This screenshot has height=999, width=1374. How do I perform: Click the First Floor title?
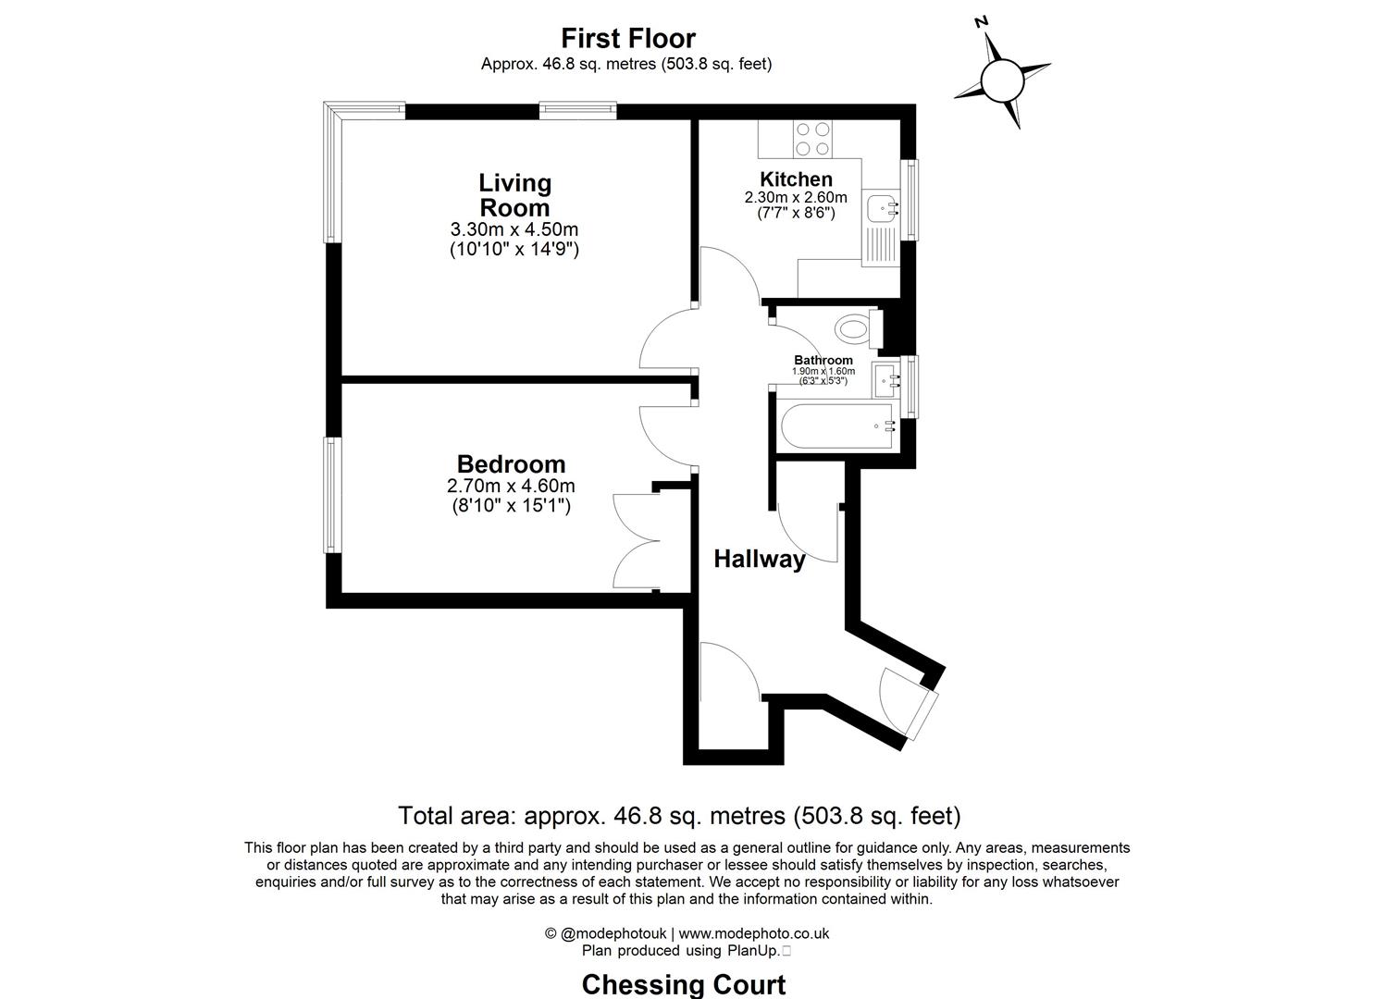[628, 38]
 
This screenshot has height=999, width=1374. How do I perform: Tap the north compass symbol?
[1001, 80]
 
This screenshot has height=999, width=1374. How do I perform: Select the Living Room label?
[514, 195]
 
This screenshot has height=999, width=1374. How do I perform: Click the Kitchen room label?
[796, 179]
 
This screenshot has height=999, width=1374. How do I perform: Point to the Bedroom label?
[511, 463]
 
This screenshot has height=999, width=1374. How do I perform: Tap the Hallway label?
[759, 559]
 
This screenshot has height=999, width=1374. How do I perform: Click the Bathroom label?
[823, 360]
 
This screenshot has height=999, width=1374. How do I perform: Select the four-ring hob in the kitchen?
[812, 139]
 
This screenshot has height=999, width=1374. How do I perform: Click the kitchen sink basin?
[880, 206]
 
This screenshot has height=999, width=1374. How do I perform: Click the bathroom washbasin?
[884, 378]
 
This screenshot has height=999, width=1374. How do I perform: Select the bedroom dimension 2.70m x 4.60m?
[511, 487]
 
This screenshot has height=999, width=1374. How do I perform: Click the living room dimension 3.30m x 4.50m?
[514, 229]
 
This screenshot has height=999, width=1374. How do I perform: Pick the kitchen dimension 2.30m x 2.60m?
[796, 197]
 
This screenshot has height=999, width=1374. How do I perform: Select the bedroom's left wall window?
[331, 495]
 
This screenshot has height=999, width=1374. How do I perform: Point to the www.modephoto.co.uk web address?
[754, 933]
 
